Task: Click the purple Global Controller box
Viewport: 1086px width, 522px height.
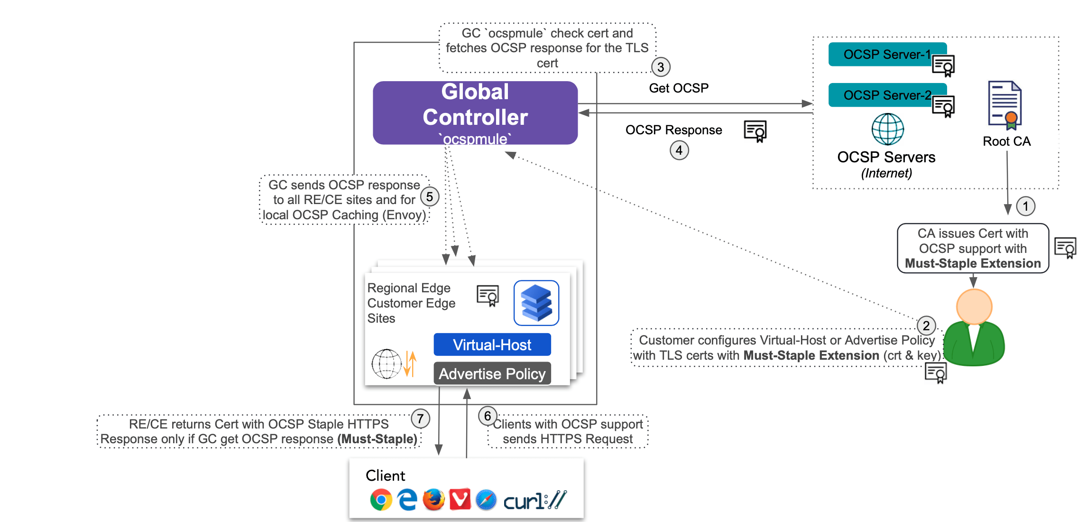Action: (475, 113)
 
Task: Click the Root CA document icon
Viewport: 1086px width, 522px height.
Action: (1004, 105)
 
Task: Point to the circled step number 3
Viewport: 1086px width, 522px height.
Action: (661, 67)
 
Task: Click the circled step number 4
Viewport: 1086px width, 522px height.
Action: (679, 150)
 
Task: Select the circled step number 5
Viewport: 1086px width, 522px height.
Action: (430, 196)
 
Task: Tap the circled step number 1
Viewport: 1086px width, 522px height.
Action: (1026, 206)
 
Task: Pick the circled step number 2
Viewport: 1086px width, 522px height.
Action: (926, 326)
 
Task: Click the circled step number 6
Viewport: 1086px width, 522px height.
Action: (487, 416)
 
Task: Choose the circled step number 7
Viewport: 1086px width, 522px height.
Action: (420, 419)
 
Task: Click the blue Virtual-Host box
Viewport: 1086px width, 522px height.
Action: (492, 345)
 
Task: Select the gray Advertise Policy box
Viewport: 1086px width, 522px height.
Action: (492, 373)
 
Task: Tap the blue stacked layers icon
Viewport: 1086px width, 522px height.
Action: (536, 303)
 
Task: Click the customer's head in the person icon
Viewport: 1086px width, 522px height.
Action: (974, 307)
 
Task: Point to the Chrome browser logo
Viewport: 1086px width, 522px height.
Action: (381, 500)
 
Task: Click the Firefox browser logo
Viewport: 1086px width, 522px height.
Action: (433, 500)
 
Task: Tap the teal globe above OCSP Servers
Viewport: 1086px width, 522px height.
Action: (888, 129)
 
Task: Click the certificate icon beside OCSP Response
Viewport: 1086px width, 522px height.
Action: (755, 131)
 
